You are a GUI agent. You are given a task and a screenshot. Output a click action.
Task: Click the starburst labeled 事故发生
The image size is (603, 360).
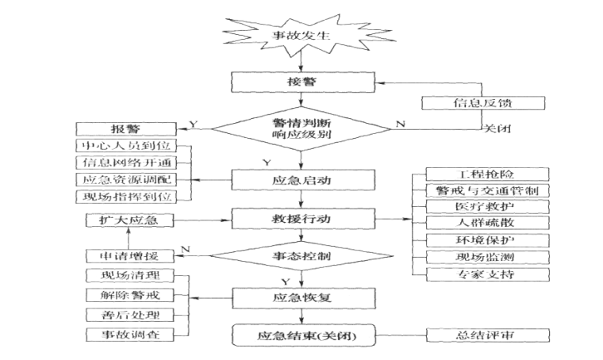(300, 35)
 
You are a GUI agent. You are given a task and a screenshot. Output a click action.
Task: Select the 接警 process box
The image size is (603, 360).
(300, 82)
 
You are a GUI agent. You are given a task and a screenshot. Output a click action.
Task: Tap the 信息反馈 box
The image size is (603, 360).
(471, 103)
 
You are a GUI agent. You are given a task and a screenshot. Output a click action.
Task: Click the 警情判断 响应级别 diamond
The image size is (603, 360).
(300, 128)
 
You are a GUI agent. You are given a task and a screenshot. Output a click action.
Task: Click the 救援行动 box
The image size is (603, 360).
(300, 218)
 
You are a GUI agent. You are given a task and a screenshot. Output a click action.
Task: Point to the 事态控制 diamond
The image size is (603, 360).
(300, 255)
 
